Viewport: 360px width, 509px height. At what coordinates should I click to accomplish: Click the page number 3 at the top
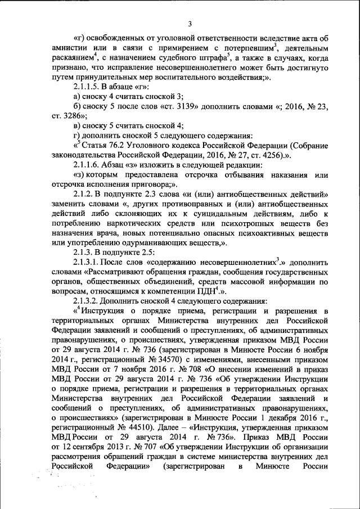click(x=190, y=24)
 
